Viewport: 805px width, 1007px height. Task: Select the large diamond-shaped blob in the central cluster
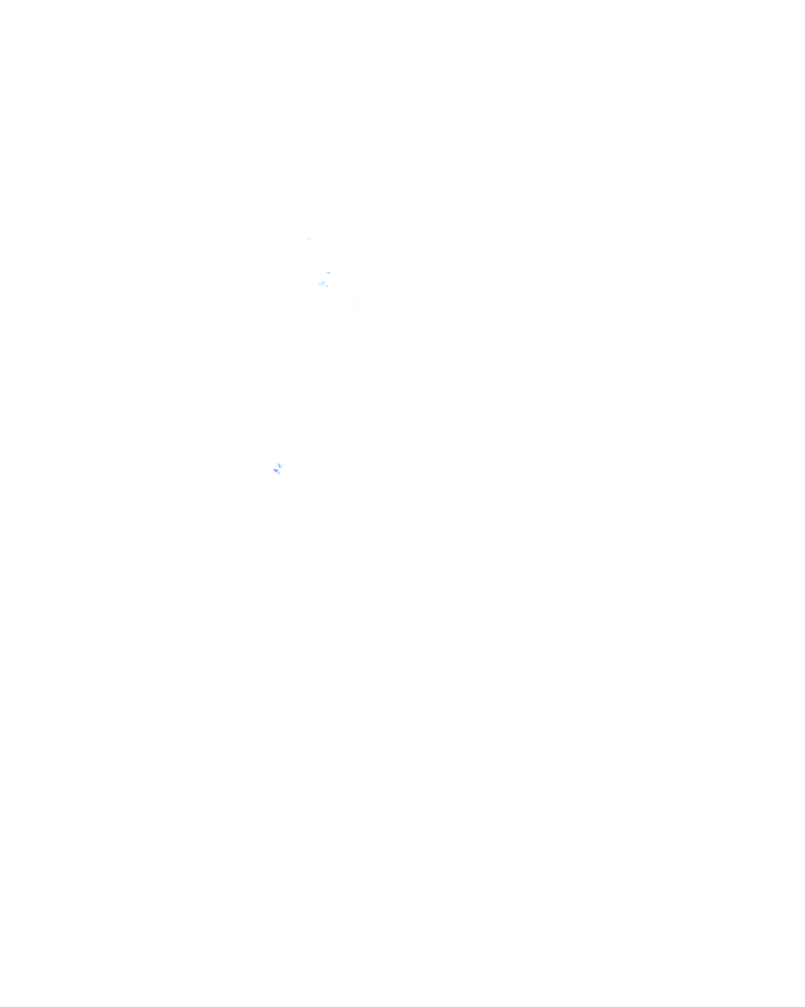(x=326, y=285)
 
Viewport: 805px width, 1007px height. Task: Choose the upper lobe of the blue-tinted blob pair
(x=281, y=466)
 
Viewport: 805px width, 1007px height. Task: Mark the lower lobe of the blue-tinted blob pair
(x=277, y=472)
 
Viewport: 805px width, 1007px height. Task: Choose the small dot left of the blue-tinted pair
(x=270, y=465)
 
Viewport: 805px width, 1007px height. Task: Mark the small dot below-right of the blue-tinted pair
(x=284, y=476)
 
